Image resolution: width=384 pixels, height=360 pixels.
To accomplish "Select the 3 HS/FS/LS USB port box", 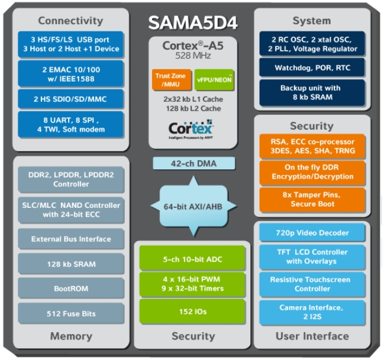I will (x=71, y=44).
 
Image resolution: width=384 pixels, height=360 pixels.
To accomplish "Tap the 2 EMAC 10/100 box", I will (x=71, y=73).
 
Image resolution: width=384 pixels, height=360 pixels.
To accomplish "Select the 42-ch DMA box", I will (x=192, y=163).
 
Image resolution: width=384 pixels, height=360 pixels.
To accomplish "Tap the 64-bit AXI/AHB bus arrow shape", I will (x=192, y=205).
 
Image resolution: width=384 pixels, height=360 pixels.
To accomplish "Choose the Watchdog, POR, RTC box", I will (x=312, y=68).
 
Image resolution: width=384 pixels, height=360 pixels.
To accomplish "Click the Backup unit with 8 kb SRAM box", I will (x=312, y=92).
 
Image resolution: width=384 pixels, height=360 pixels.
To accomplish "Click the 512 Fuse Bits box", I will (x=71, y=314).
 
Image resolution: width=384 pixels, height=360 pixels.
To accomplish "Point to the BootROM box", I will (x=71, y=289).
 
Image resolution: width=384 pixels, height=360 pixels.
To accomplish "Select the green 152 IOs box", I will (x=192, y=311).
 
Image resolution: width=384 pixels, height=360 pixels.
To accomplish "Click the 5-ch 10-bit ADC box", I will (x=192, y=259).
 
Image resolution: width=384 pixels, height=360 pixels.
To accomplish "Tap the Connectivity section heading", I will (x=71, y=20).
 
